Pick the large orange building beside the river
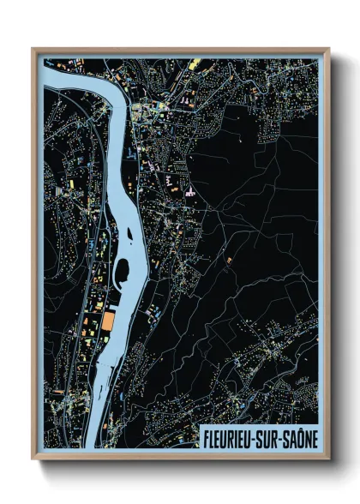[110, 322]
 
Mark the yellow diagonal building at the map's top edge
[194, 63]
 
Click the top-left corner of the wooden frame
[33, 49]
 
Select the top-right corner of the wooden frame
[328, 49]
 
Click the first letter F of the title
[206, 438]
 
